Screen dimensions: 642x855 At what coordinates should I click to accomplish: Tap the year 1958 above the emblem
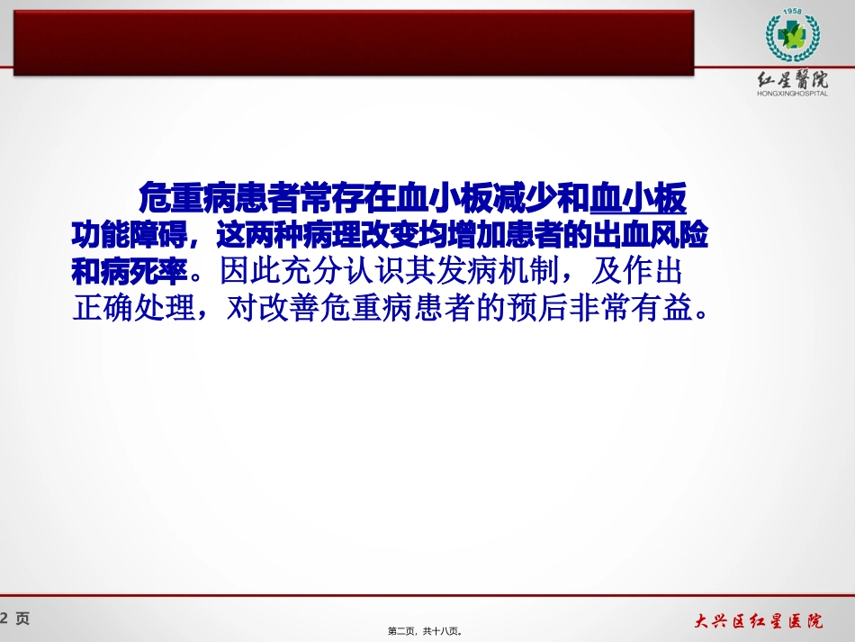[792, 13]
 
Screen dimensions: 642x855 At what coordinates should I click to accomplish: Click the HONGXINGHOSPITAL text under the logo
[792, 93]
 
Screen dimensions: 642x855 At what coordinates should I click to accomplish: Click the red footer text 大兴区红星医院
[758, 620]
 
